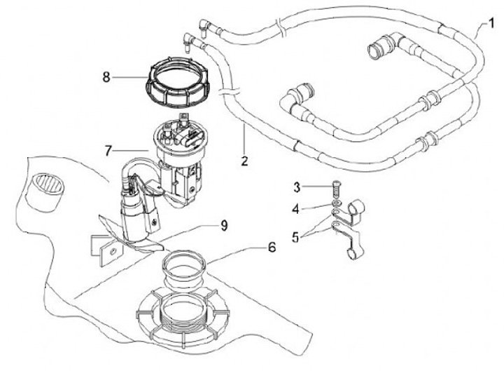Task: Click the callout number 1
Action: coord(491,23)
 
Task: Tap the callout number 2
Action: coord(244,161)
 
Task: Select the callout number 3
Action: coord(297,187)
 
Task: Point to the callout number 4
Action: coord(295,209)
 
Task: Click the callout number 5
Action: coord(295,237)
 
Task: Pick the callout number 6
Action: coord(272,248)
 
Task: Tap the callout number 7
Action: coord(108,151)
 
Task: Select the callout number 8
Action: coord(106,77)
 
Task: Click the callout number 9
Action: coord(224,225)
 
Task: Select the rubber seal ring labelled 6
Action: coord(184,267)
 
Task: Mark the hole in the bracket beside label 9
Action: coord(113,251)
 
